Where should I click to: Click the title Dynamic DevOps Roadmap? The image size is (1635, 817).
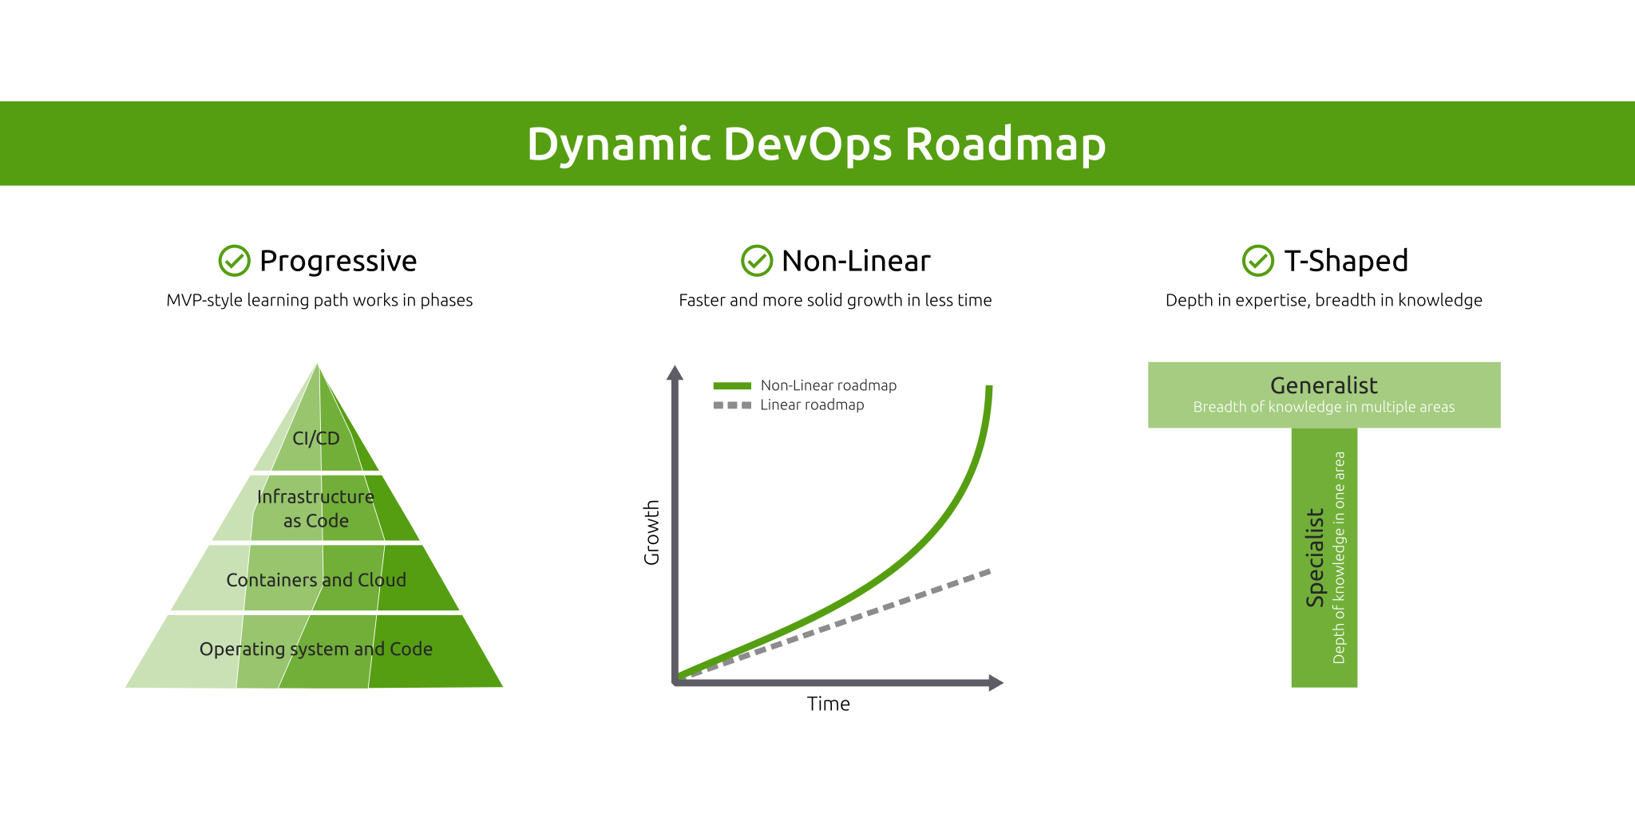tap(816, 144)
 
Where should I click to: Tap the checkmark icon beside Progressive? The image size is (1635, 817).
tap(234, 261)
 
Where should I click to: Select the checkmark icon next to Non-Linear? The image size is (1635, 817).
tap(756, 261)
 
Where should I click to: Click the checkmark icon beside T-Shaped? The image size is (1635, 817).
tap(1257, 261)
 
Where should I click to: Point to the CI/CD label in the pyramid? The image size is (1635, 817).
tap(316, 438)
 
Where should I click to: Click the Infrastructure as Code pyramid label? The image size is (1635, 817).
tap(316, 508)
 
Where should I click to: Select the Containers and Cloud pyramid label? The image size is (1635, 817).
tap(316, 580)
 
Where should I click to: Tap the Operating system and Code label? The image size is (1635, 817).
tap(316, 649)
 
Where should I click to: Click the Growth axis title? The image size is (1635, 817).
tap(652, 532)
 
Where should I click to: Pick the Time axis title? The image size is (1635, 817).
tap(828, 704)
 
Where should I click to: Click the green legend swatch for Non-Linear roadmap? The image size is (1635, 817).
tap(732, 386)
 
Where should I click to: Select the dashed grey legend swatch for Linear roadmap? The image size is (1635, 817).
tap(732, 405)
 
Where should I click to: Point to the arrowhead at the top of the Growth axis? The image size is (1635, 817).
tap(675, 373)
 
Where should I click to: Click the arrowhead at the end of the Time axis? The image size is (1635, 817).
tap(996, 682)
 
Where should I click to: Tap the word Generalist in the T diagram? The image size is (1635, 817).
tap(1324, 385)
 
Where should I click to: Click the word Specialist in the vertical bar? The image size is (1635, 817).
tap(1315, 558)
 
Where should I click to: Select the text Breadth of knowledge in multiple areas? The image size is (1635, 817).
tap(1324, 408)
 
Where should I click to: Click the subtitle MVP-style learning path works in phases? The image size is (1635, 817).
tap(319, 301)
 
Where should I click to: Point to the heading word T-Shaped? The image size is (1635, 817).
tap(1345, 261)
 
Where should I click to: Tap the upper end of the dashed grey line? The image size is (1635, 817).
tap(988, 572)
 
